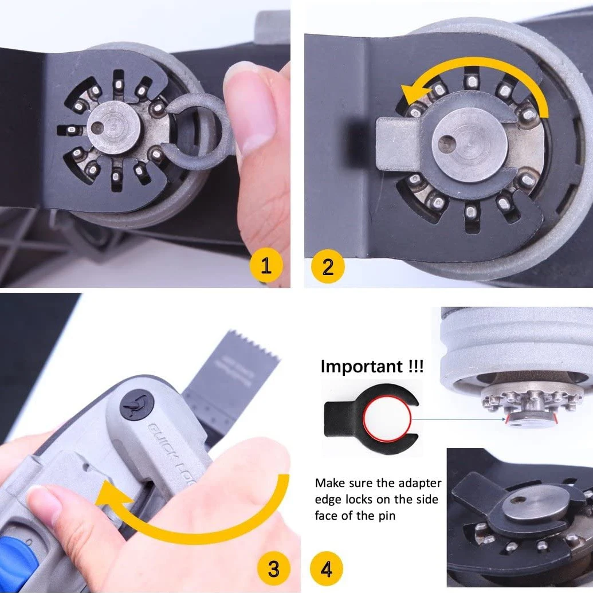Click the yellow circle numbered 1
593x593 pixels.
pos(266,266)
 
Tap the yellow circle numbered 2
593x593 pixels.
pos(328,266)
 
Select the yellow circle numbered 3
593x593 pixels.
pos(273,569)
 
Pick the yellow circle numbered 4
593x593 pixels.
pos(326,569)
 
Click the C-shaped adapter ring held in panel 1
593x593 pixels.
pos(198,131)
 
